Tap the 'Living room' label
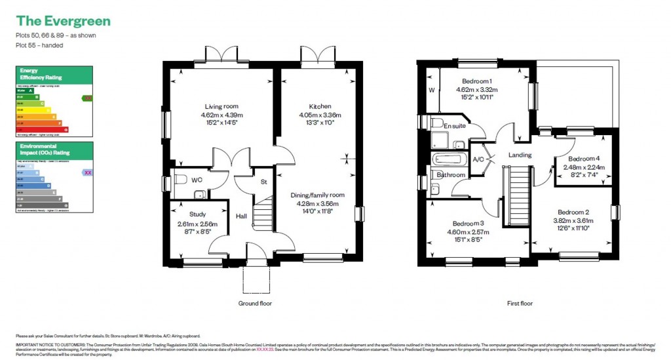tap(221, 106)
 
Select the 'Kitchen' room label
tap(320, 106)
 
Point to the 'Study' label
tap(198, 214)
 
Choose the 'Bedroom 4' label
tap(584, 159)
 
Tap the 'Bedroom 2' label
tap(573, 212)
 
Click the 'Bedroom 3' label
tap(464, 224)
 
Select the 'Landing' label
tap(519, 155)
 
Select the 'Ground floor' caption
tap(255, 304)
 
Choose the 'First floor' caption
tap(520, 304)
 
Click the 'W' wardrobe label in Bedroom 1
tap(431, 90)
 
